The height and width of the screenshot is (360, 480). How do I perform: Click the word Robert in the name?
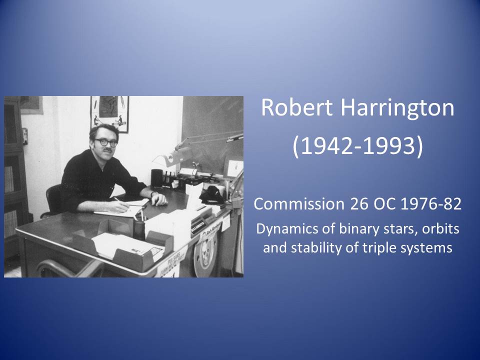point(296,107)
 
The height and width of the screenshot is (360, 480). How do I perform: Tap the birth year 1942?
point(326,145)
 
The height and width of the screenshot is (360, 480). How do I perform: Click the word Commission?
point(299,204)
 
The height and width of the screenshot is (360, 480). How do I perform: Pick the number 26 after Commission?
point(359,204)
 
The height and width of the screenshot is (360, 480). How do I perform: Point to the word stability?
point(316,248)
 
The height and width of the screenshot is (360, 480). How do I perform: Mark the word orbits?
point(441,228)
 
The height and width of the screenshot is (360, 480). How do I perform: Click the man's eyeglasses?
point(105,142)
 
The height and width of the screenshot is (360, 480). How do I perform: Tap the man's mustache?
point(107,150)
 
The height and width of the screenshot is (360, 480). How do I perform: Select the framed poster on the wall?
point(109,114)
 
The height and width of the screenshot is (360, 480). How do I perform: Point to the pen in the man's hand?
point(120,203)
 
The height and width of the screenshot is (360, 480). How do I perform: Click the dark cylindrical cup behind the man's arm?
point(156,177)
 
